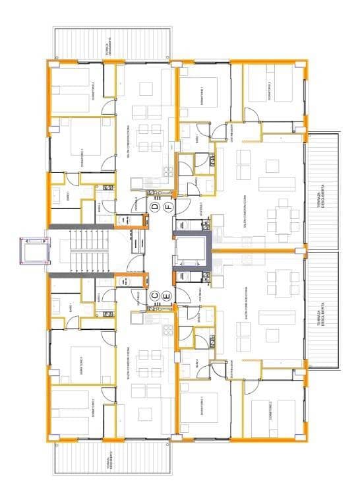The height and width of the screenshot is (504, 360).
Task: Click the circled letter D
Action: (154, 207)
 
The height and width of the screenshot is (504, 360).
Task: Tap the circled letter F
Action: (168, 207)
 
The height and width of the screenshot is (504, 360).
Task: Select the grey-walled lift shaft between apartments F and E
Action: (192, 251)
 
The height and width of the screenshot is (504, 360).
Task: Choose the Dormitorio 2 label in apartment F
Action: (269, 91)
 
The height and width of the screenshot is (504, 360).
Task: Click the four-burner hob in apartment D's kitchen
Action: (167, 170)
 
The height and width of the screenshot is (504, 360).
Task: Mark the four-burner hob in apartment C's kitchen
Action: (167, 331)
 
